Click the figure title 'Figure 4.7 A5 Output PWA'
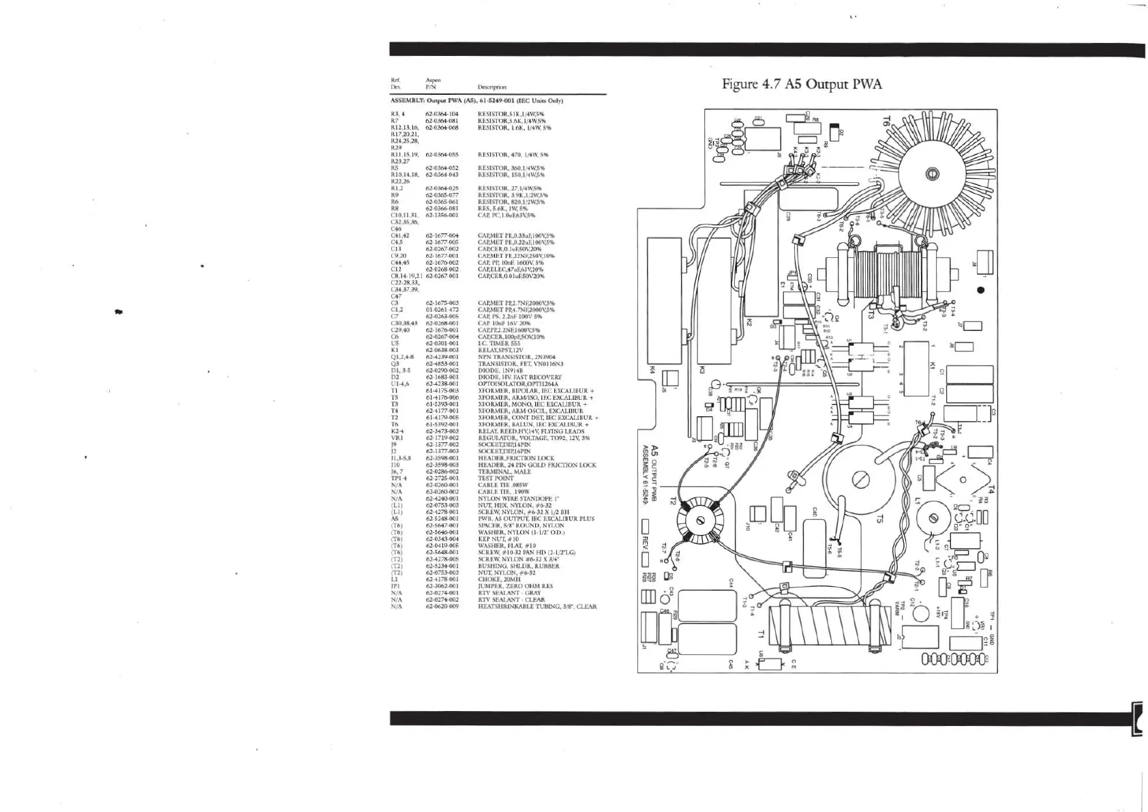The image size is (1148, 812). tap(802, 85)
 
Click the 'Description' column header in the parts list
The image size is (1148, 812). tap(492, 87)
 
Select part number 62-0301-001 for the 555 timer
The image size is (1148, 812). tap(442, 343)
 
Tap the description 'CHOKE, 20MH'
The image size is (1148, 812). tap(499, 579)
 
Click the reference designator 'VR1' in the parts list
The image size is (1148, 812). tap(397, 437)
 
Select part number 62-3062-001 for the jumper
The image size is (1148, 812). tap(442, 586)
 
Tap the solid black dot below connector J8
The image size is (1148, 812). tap(980, 290)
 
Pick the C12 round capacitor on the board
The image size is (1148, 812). tap(920, 613)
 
